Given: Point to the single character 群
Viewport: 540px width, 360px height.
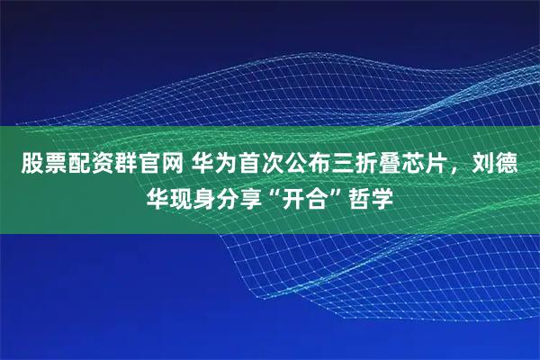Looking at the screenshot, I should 120,165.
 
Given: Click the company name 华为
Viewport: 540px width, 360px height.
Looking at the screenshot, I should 212,165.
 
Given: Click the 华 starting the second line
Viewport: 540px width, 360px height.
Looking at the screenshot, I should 158,195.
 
